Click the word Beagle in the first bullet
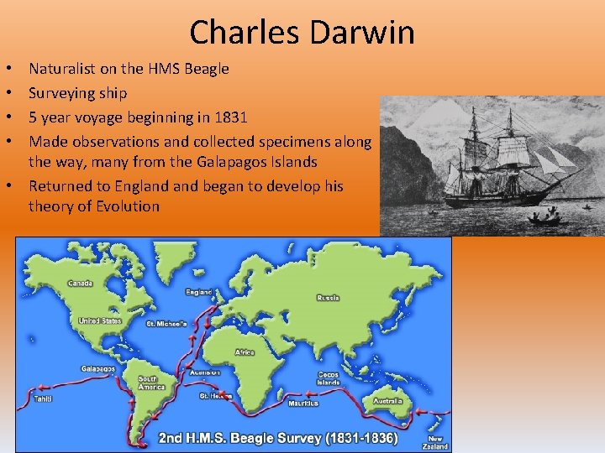click(x=206, y=69)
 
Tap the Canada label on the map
click(x=81, y=282)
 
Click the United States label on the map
click(x=100, y=320)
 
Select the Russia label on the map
click(x=328, y=298)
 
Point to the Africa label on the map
click(x=245, y=352)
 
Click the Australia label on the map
click(x=387, y=401)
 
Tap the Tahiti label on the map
click(x=42, y=399)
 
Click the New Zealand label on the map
click(x=436, y=441)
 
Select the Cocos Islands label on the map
click(x=329, y=378)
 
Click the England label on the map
click(x=199, y=292)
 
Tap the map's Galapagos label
click(x=98, y=368)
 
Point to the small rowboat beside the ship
click(x=544, y=220)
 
